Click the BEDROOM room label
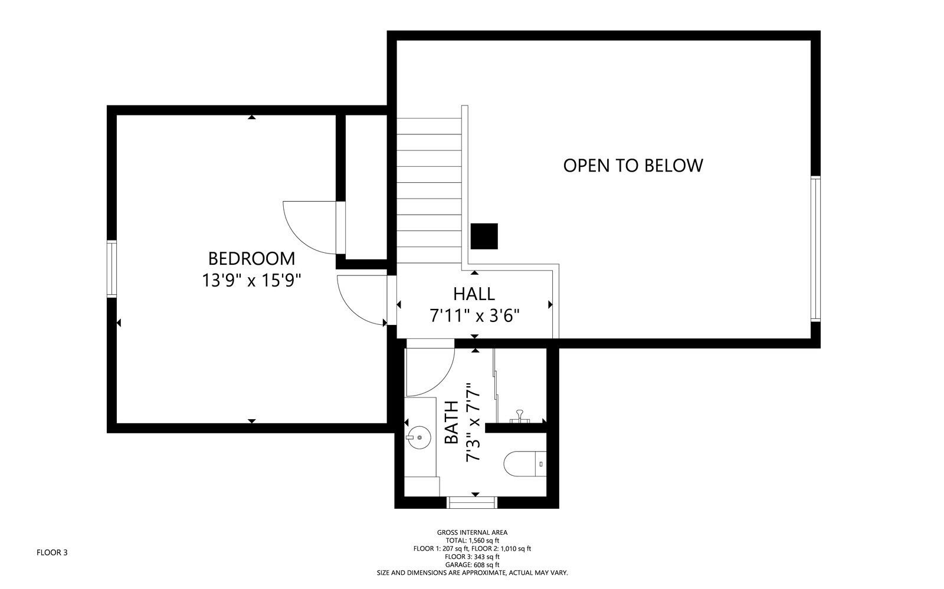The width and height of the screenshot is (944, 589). click(252, 258)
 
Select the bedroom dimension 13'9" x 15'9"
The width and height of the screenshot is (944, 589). click(252, 280)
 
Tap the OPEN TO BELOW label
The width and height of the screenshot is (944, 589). click(632, 165)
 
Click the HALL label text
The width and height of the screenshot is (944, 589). click(474, 293)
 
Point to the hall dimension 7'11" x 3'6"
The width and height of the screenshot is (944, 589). click(474, 316)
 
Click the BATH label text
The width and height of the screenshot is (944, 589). click(451, 422)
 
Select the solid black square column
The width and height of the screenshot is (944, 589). click(484, 236)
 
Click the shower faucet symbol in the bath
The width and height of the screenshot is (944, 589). click(520, 416)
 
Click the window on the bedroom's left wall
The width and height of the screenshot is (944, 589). click(111, 268)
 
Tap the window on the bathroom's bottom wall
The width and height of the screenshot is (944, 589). click(472, 502)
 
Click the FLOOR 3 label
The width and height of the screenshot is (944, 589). click(52, 552)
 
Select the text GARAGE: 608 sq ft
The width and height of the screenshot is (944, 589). click(472, 564)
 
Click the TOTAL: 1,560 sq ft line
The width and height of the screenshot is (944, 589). click(472, 540)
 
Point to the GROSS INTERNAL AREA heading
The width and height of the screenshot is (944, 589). click(472, 532)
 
